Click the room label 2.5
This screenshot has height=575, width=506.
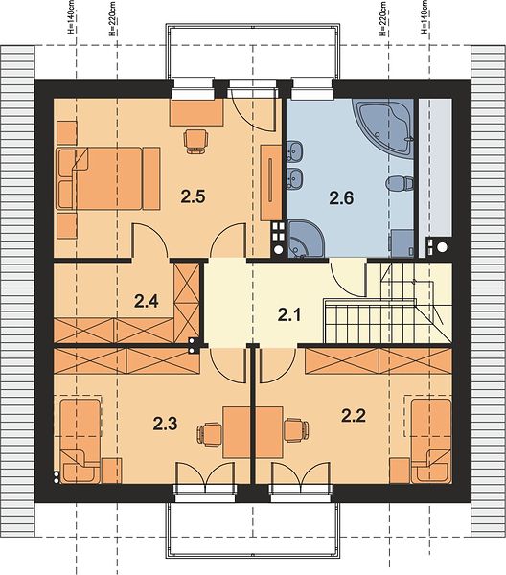click(x=193, y=196)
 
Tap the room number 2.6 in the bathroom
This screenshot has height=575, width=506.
click(x=341, y=198)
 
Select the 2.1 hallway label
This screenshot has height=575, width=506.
click(x=289, y=315)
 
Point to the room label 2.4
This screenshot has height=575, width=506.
click(x=146, y=301)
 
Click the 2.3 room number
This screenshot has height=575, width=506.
click(x=165, y=424)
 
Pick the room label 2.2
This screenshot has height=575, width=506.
click(x=354, y=416)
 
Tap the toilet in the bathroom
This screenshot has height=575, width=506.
click(x=401, y=183)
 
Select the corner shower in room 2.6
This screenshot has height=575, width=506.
click(x=306, y=239)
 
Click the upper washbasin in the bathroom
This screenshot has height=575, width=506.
click(x=294, y=151)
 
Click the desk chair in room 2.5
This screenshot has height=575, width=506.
click(x=195, y=141)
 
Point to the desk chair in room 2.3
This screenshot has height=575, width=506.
click(x=210, y=434)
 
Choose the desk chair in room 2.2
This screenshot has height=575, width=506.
click(x=296, y=429)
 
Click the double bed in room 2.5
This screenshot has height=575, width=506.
click(x=108, y=178)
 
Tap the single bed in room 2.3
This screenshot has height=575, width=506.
click(x=80, y=441)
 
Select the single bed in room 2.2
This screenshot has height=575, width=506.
click(x=431, y=441)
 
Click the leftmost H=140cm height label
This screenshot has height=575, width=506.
click(x=71, y=17)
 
